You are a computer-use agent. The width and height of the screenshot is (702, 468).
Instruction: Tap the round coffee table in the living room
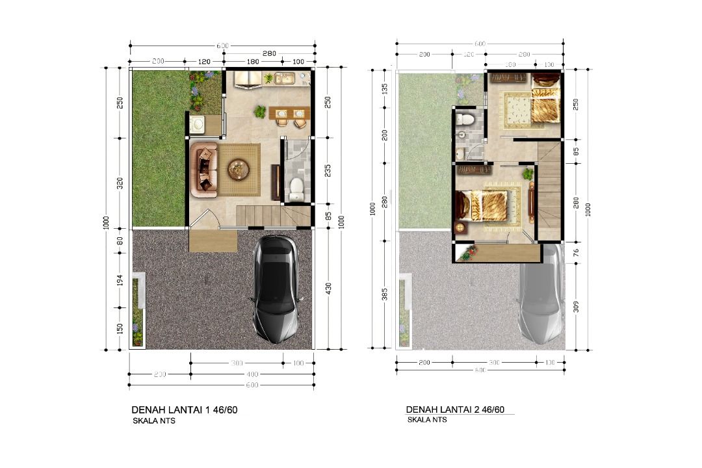coord(238,170)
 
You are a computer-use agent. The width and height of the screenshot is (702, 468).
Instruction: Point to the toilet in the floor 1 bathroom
coord(296,187)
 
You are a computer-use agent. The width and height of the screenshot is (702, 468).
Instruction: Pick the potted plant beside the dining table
coord(260,112)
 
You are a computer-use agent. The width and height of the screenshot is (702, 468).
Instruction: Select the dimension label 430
coord(328,288)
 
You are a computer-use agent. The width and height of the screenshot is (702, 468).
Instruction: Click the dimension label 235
coord(328,171)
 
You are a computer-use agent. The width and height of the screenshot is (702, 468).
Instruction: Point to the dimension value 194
coord(119,280)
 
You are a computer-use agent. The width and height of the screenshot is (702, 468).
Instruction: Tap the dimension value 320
coord(119,183)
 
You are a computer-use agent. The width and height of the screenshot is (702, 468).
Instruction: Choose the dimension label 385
coord(385,294)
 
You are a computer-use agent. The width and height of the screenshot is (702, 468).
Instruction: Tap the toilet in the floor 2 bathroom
coord(464,119)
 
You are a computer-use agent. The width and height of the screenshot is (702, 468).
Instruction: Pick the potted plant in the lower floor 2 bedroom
coord(528,174)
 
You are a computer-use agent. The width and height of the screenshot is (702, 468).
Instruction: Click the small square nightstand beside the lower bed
coord(461,228)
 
